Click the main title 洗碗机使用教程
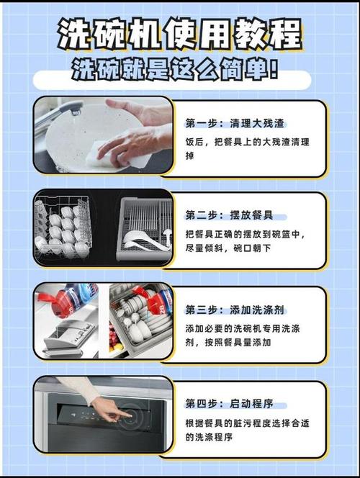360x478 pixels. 180,34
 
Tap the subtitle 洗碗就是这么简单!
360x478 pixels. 175,69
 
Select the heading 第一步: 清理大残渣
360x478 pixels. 235,124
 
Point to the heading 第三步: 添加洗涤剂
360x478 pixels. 235,310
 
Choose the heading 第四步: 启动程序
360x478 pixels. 229,404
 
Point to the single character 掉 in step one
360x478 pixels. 190,155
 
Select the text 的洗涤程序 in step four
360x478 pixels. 209,437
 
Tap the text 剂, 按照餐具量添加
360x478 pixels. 228,343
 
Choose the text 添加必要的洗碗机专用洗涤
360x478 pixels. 243,328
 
